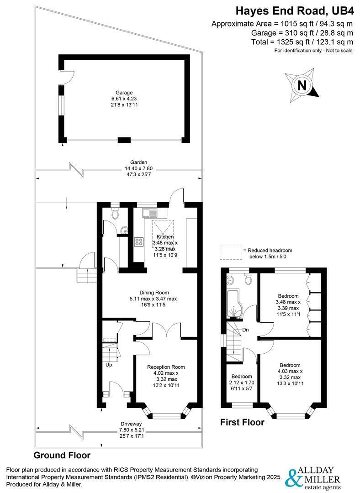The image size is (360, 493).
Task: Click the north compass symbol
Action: (x=302, y=85)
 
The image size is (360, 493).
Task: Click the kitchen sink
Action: (x=149, y=213)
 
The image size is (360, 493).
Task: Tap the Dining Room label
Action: (x=154, y=293)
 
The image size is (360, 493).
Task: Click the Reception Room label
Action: (x=166, y=367)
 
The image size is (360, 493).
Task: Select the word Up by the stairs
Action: (x=109, y=365)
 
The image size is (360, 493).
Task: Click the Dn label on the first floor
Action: (x=245, y=330)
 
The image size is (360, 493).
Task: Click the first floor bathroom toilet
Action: (x=249, y=278)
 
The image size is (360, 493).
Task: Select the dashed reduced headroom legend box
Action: (x=230, y=251)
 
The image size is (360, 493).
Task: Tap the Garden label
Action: (x=138, y=162)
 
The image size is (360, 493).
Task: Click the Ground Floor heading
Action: (x=62, y=455)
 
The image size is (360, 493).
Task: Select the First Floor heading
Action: (x=242, y=422)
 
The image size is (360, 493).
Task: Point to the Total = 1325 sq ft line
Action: (x=302, y=42)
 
